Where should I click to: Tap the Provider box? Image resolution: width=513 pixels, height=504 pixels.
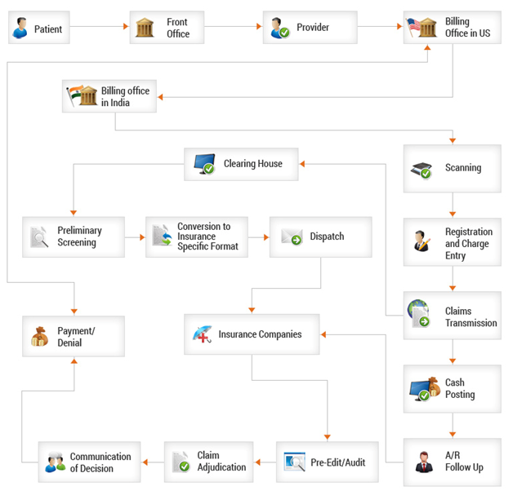[x=310, y=28]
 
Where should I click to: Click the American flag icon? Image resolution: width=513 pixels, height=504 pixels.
[x=419, y=28]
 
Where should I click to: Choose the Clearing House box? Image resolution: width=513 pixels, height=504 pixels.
[x=240, y=164]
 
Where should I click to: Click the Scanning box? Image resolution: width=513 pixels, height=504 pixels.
[x=452, y=169]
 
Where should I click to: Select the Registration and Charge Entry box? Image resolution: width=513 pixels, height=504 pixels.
[x=452, y=242]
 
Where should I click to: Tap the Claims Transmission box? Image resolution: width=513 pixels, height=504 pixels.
[x=452, y=316]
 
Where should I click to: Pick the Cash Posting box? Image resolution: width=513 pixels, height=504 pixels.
[x=452, y=388]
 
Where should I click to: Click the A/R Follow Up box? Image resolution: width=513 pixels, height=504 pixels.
[x=452, y=462]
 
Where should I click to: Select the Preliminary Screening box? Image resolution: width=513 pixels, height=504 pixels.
[x=74, y=237]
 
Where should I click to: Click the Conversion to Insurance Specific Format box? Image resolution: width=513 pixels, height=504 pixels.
[x=196, y=237]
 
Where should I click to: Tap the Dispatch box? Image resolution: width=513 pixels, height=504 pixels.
[x=319, y=237]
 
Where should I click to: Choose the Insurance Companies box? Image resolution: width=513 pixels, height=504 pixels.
[x=251, y=334]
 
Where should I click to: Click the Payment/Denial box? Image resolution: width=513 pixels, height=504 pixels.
[x=74, y=336]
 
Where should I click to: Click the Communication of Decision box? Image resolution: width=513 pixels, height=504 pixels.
[x=89, y=462]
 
